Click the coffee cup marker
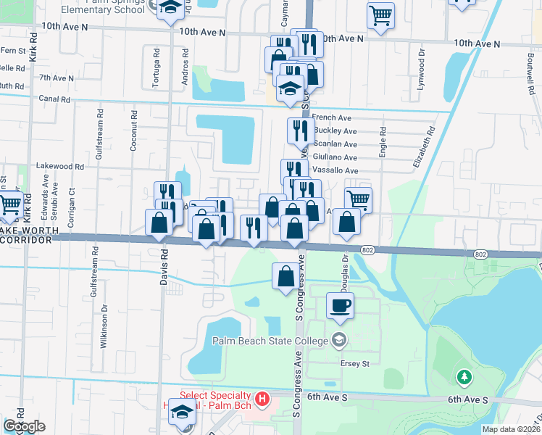pyautogui.click(x=339, y=304)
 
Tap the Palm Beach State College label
pyautogui.click(x=272, y=340)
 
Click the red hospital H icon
pyautogui.click(x=263, y=399)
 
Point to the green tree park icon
pyautogui.click(x=464, y=377)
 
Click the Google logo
pyautogui.click(x=24, y=426)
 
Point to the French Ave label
pyautogui.click(x=331, y=117)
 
